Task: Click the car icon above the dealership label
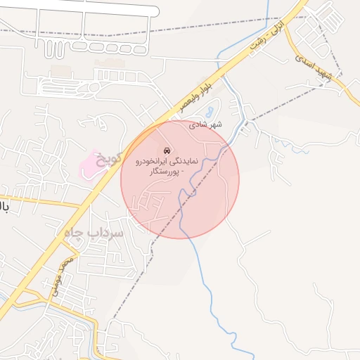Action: coord(167,150)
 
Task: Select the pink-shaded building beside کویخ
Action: coord(90,164)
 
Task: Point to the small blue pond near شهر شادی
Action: coord(210,111)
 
